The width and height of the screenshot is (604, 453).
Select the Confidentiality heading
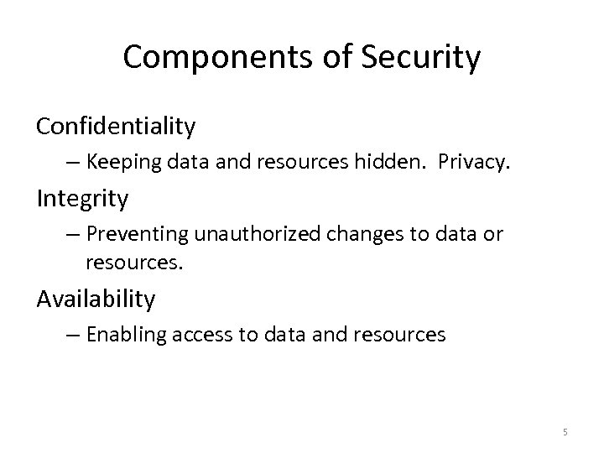(x=116, y=127)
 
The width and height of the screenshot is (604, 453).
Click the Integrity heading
(x=82, y=199)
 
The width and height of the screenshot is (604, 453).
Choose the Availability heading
(x=96, y=298)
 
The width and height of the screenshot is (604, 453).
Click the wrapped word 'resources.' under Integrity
(x=133, y=263)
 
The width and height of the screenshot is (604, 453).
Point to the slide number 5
(x=565, y=432)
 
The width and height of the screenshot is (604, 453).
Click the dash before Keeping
(x=76, y=163)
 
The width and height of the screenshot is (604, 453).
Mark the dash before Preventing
(x=76, y=235)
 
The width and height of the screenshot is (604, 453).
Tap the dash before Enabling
(x=76, y=335)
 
